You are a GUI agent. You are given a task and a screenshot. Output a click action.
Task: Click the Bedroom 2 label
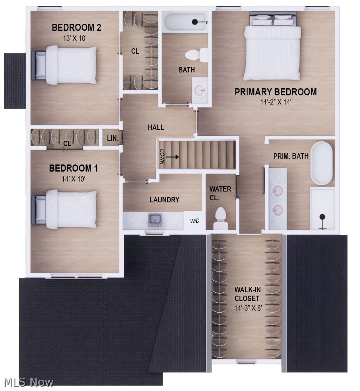click(x=76, y=27)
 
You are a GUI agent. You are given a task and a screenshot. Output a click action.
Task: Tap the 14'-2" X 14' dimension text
click(x=276, y=102)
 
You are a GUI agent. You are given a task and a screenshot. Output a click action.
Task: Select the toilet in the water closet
click(x=220, y=219)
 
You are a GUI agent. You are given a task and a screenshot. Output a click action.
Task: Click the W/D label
click(x=195, y=221)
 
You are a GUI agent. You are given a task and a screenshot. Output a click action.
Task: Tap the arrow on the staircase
click(x=172, y=157)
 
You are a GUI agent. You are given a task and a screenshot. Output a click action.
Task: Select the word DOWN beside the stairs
click(x=162, y=157)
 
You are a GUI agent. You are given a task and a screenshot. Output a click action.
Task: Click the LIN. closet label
click(x=113, y=138)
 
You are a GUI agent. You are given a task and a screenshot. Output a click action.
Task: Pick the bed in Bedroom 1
click(x=64, y=209)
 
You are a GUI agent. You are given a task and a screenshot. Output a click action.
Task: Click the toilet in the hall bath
click(x=196, y=55)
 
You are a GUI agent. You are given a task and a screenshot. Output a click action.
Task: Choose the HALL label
click(x=156, y=127)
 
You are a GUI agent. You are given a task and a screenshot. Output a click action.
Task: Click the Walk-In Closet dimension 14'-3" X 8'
click(x=248, y=308)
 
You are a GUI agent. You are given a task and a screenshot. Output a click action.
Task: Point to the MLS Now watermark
click(x=28, y=382)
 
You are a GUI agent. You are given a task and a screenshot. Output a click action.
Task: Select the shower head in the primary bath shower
click(x=322, y=217)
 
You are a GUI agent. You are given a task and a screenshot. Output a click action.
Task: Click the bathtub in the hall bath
click(x=185, y=22)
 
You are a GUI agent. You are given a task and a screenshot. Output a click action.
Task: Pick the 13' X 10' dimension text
click(x=75, y=38)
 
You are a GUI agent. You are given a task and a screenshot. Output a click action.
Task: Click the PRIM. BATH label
click(x=291, y=156)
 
